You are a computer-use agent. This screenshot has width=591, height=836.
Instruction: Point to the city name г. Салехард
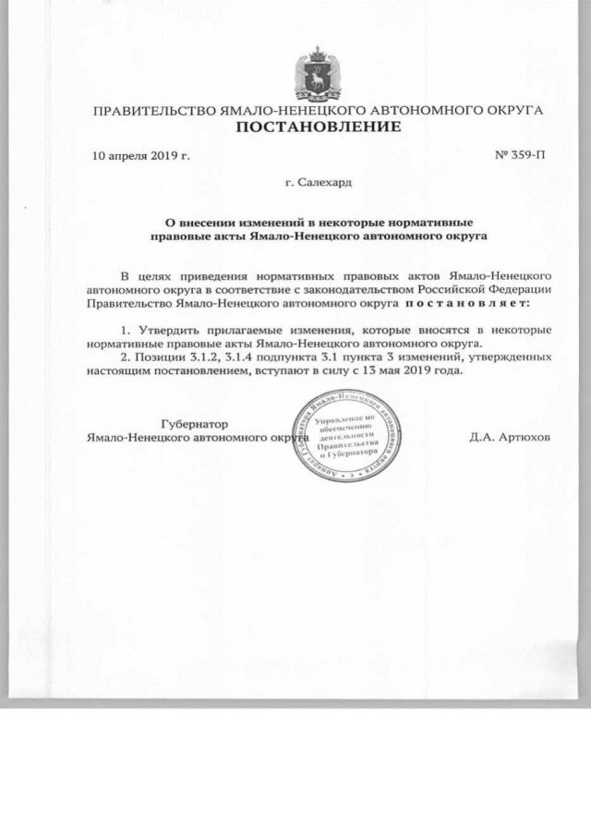(320, 186)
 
